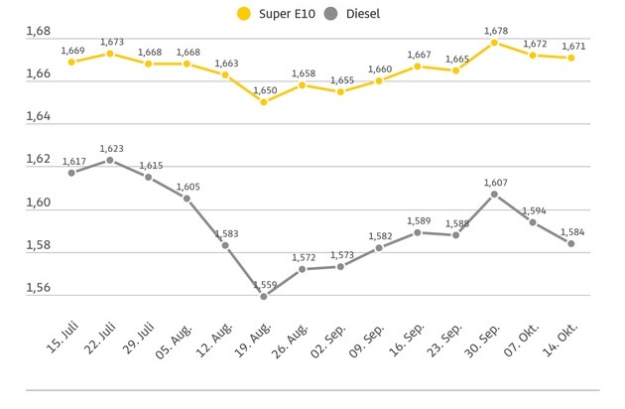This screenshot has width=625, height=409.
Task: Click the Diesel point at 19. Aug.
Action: pos(263,296)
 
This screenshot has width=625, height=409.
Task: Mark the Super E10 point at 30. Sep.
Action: pos(494,42)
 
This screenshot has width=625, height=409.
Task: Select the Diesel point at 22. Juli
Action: pos(110,160)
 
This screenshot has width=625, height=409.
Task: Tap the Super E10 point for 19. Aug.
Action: pos(263,101)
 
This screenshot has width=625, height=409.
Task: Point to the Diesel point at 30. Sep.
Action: pos(494,194)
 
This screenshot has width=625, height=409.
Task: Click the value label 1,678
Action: pos(494,31)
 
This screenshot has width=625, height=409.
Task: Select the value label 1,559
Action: pos(263,284)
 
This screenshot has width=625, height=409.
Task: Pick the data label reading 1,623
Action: pos(110,148)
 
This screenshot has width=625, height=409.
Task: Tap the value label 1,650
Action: pos(263,89)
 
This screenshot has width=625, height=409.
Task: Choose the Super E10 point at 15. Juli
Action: pos(71,62)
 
